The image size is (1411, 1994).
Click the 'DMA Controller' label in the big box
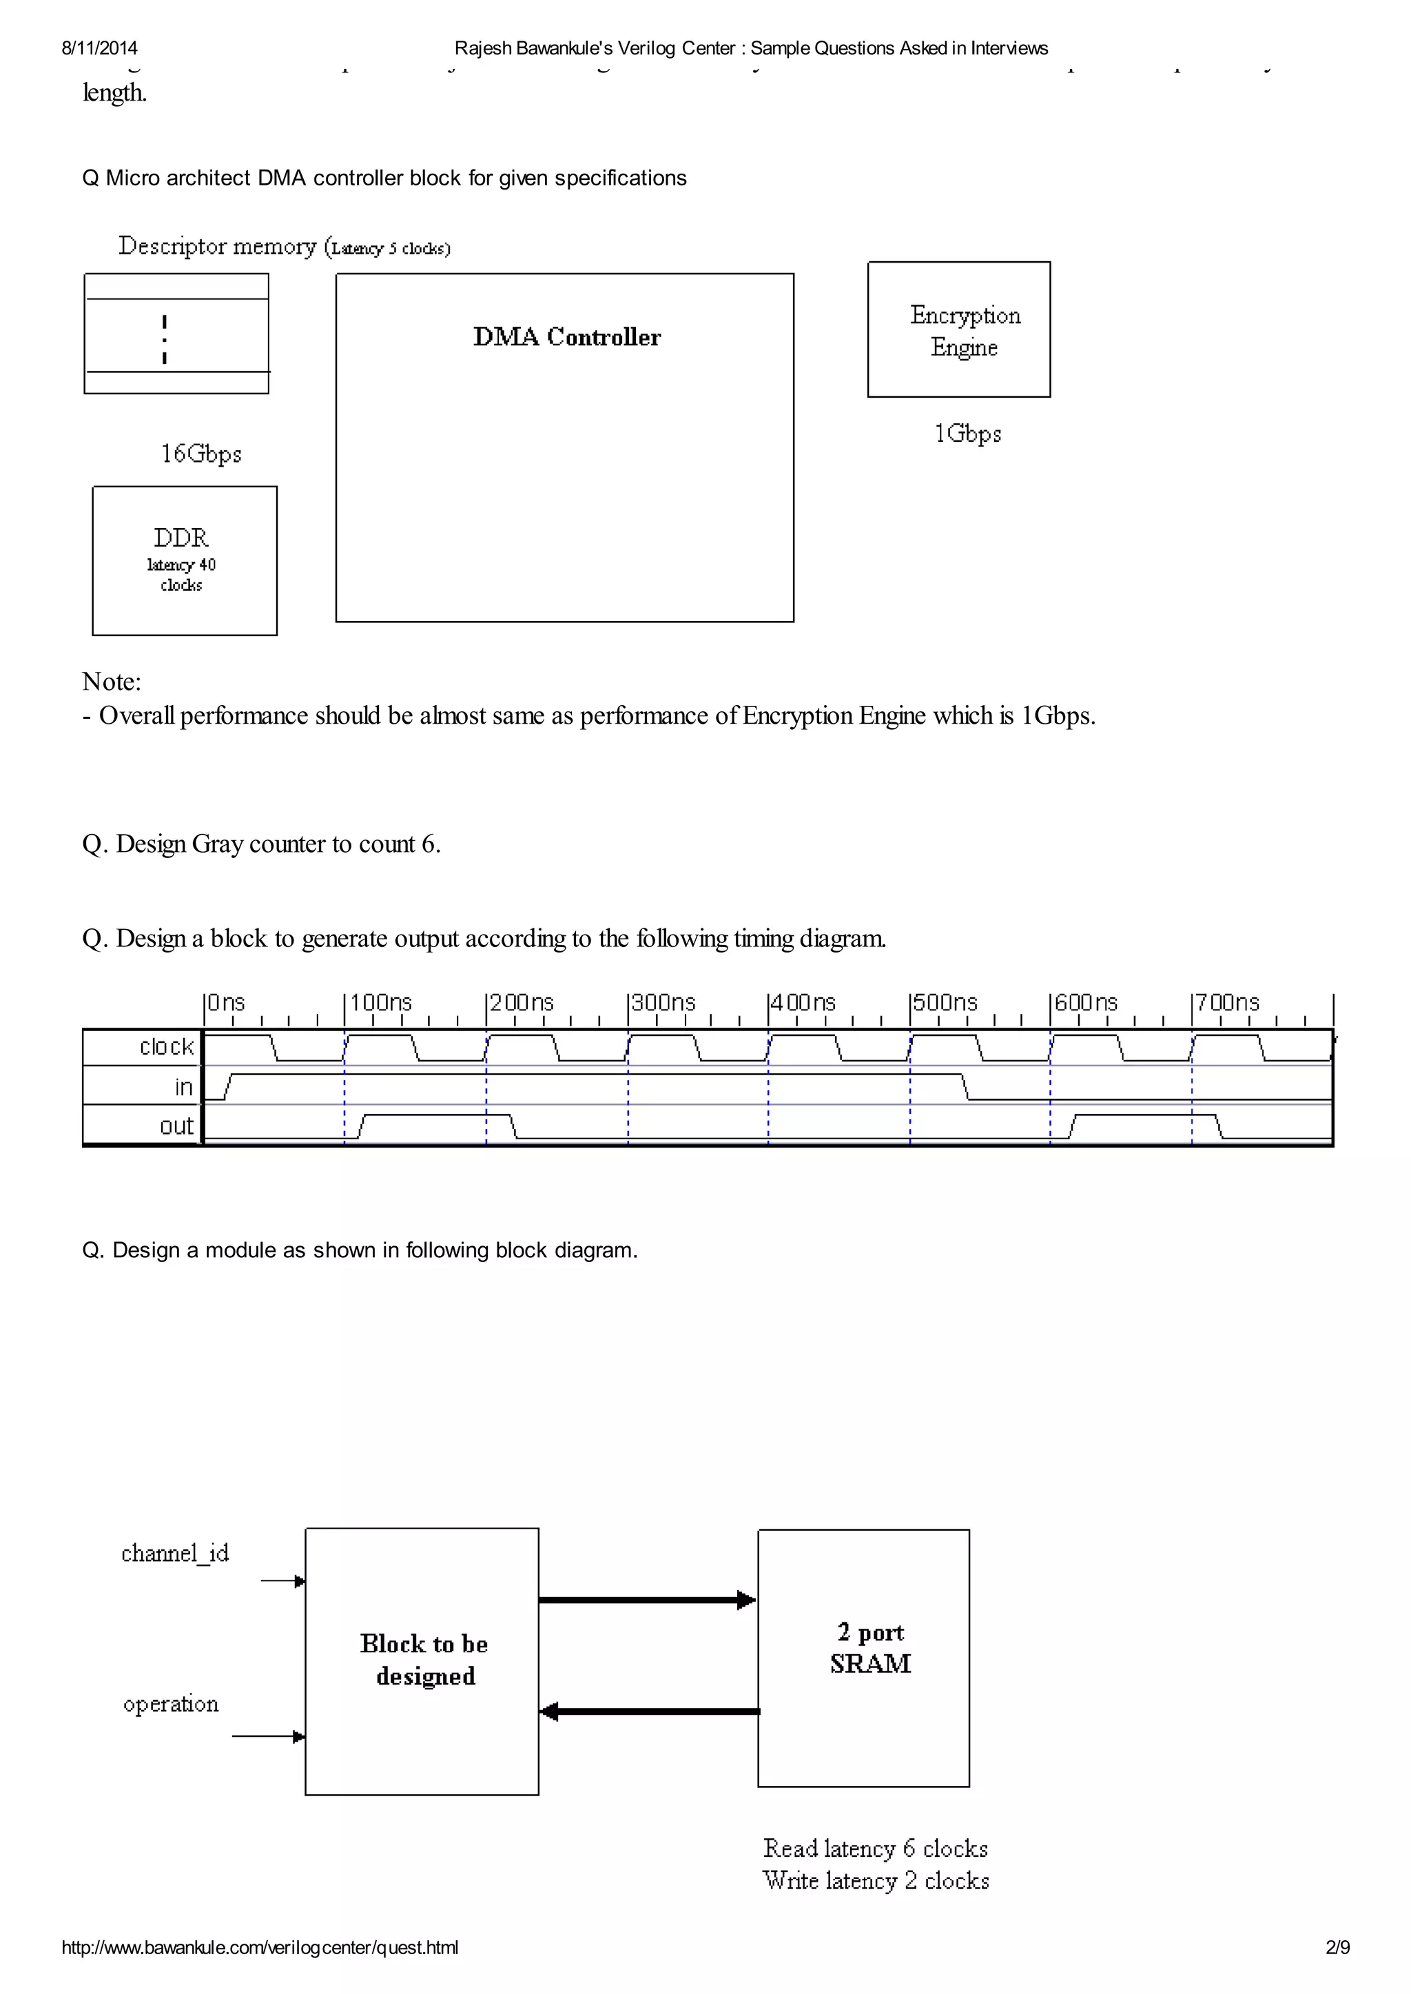(x=566, y=337)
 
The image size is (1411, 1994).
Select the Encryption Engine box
(x=958, y=329)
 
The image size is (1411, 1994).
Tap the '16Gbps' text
(x=200, y=454)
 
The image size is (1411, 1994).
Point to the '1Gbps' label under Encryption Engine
(x=967, y=434)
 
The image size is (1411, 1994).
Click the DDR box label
(x=182, y=538)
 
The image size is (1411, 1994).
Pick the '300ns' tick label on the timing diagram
(x=663, y=1002)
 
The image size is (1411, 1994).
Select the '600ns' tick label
(x=1086, y=1002)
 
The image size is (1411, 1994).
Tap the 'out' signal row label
(x=176, y=1126)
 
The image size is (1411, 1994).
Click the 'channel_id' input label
(x=174, y=1554)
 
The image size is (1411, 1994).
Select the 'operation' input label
(x=171, y=1704)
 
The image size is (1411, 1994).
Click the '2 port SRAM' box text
(x=869, y=1648)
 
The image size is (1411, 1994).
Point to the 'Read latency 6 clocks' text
(x=875, y=1849)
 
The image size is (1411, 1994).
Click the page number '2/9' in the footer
(x=1337, y=1948)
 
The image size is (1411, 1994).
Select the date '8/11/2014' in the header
(x=99, y=49)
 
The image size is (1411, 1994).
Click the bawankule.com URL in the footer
(x=260, y=1948)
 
